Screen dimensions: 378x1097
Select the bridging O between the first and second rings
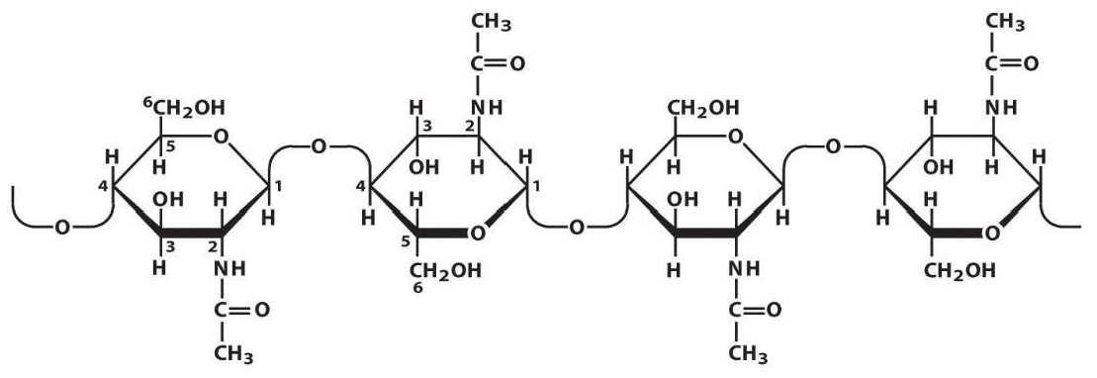coord(319,147)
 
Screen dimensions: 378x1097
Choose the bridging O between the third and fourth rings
coord(833,147)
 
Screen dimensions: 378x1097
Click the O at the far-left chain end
coord(62,230)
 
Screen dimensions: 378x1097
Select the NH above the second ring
coord(487,107)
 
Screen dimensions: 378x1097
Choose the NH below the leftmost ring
coord(229,269)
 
